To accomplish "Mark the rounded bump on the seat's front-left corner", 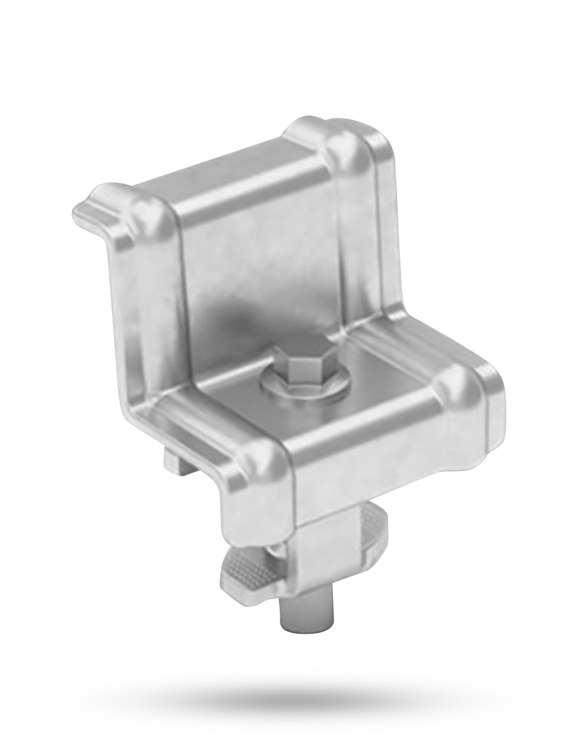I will coord(257,459).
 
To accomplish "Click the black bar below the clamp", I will coord(292,700).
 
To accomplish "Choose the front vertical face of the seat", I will coord(387,456).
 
